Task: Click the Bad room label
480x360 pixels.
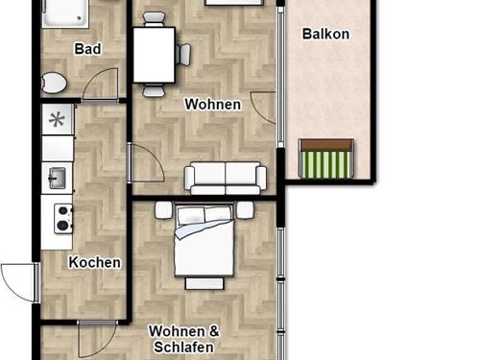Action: [x=87, y=49]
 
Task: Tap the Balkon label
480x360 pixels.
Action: [x=325, y=34]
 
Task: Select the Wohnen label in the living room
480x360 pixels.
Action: [x=213, y=105]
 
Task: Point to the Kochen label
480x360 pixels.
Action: [x=95, y=262]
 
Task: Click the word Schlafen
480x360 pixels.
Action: [x=183, y=348]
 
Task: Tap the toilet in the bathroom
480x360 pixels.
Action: [x=54, y=84]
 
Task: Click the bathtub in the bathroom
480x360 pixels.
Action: [x=65, y=13]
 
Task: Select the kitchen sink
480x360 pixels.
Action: [x=57, y=178]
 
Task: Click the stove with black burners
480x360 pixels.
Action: [x=63, y=219]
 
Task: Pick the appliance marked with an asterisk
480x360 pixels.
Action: [x=58, y=120]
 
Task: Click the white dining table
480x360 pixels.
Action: [x=155, y=55]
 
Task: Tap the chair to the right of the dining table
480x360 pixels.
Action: [x=183, y=55]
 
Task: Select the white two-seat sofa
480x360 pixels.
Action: [x=226, y=179]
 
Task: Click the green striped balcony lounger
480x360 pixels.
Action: [x=326, y=158]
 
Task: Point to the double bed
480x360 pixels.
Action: [x=204, y=240]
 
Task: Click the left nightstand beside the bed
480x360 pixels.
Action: [x=164, y=210]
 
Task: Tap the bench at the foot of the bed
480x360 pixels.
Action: [x=204, y=284]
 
